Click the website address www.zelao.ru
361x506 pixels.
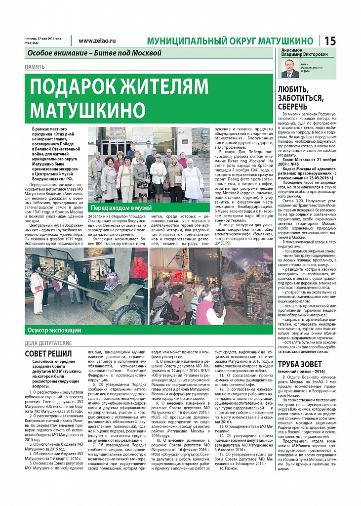(97, 41)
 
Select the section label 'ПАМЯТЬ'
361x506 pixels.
(35, 67)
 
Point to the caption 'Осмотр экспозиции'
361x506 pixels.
(55, 330)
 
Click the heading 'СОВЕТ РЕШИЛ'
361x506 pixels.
(48, 354)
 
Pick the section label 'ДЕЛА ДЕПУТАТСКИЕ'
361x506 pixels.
(48, 343)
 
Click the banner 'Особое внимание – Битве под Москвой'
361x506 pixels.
(95, 53)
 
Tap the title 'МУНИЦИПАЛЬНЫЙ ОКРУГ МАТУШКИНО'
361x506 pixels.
(230, 41)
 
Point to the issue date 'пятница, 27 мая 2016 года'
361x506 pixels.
(42, 39)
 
